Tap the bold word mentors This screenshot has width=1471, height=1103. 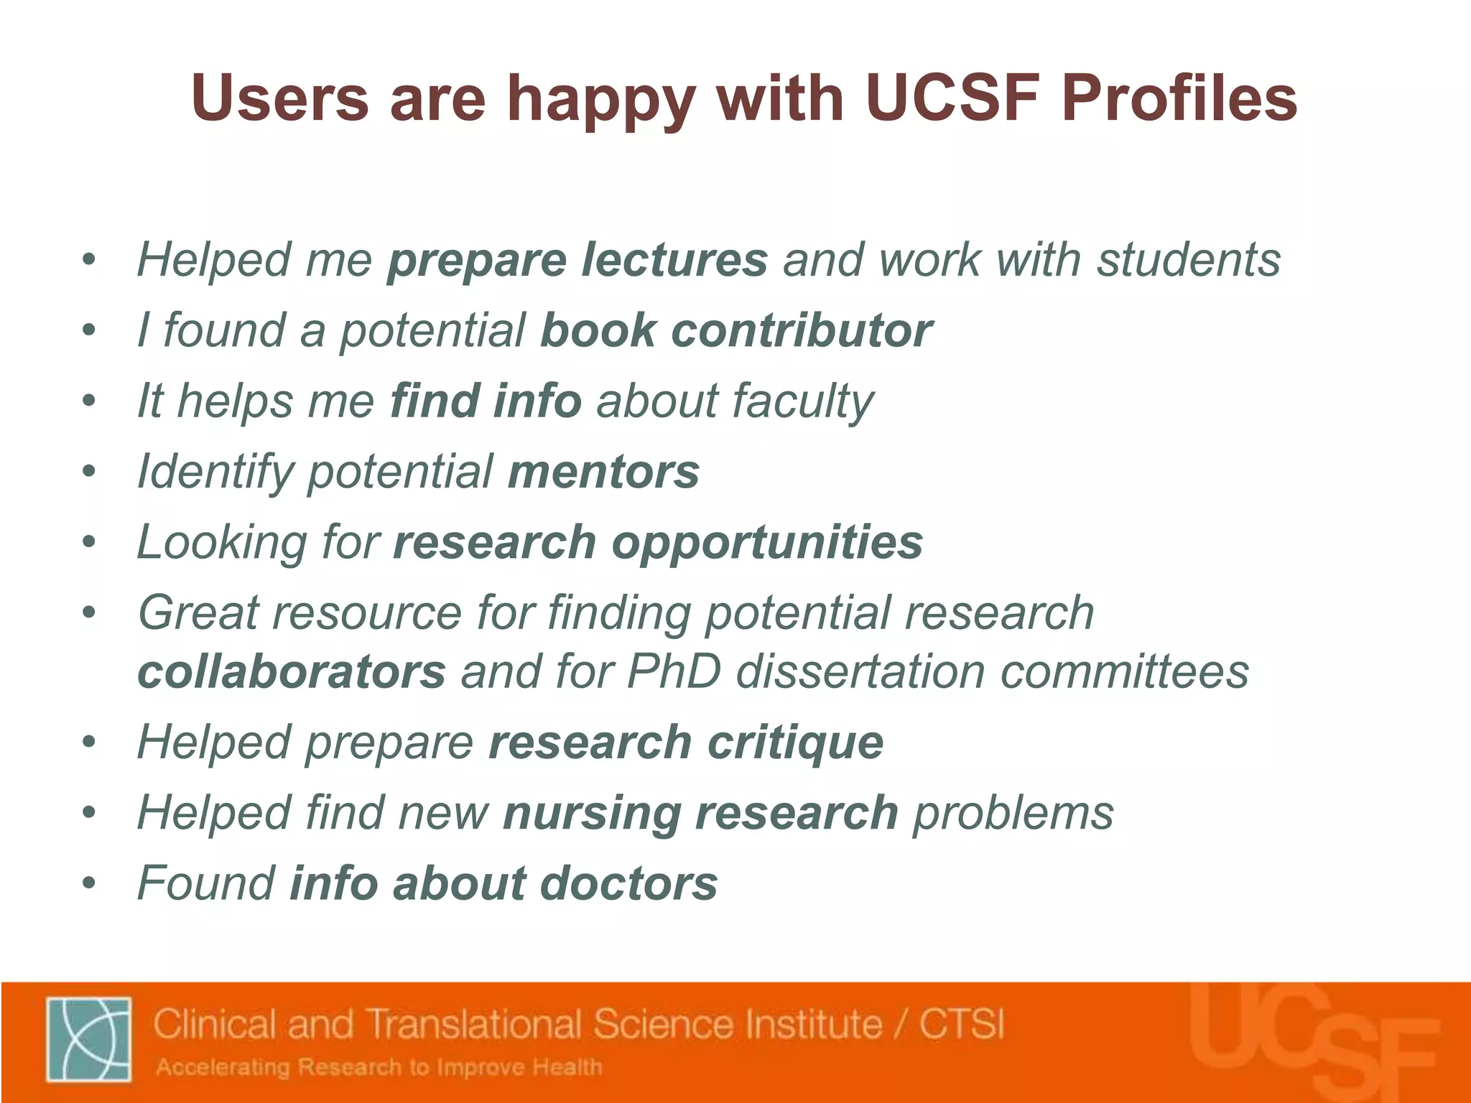tap(603, 472)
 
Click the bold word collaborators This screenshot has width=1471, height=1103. tap(292, 672)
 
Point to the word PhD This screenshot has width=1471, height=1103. tap(673, 672)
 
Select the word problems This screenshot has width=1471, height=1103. tap(1013, 813)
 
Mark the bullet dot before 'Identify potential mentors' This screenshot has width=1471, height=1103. tap(88, 472)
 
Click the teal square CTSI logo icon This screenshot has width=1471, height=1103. tap(88, 1038)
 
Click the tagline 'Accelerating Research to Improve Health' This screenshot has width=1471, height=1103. tap(379, 1067)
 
